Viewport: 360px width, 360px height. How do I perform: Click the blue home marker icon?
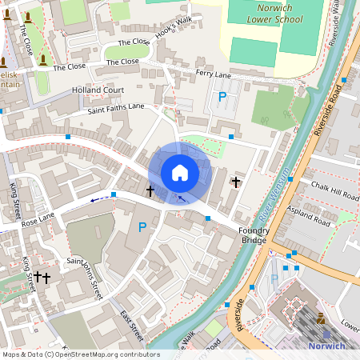(x=180, y=172)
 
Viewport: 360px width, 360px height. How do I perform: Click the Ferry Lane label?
(x=214, y=74)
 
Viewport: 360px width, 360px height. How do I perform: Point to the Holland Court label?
(x=98, y=90)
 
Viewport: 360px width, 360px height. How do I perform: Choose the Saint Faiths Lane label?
(x=117, y=107)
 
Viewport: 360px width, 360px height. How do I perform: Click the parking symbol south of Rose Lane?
(x=142, y=227)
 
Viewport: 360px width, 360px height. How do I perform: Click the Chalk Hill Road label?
(x=334, y=194)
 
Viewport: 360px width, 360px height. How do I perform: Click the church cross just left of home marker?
(x=150, y=190)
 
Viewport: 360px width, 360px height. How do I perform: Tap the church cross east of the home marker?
(x=236, y=182)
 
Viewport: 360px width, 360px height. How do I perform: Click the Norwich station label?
(x=328, y=346)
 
